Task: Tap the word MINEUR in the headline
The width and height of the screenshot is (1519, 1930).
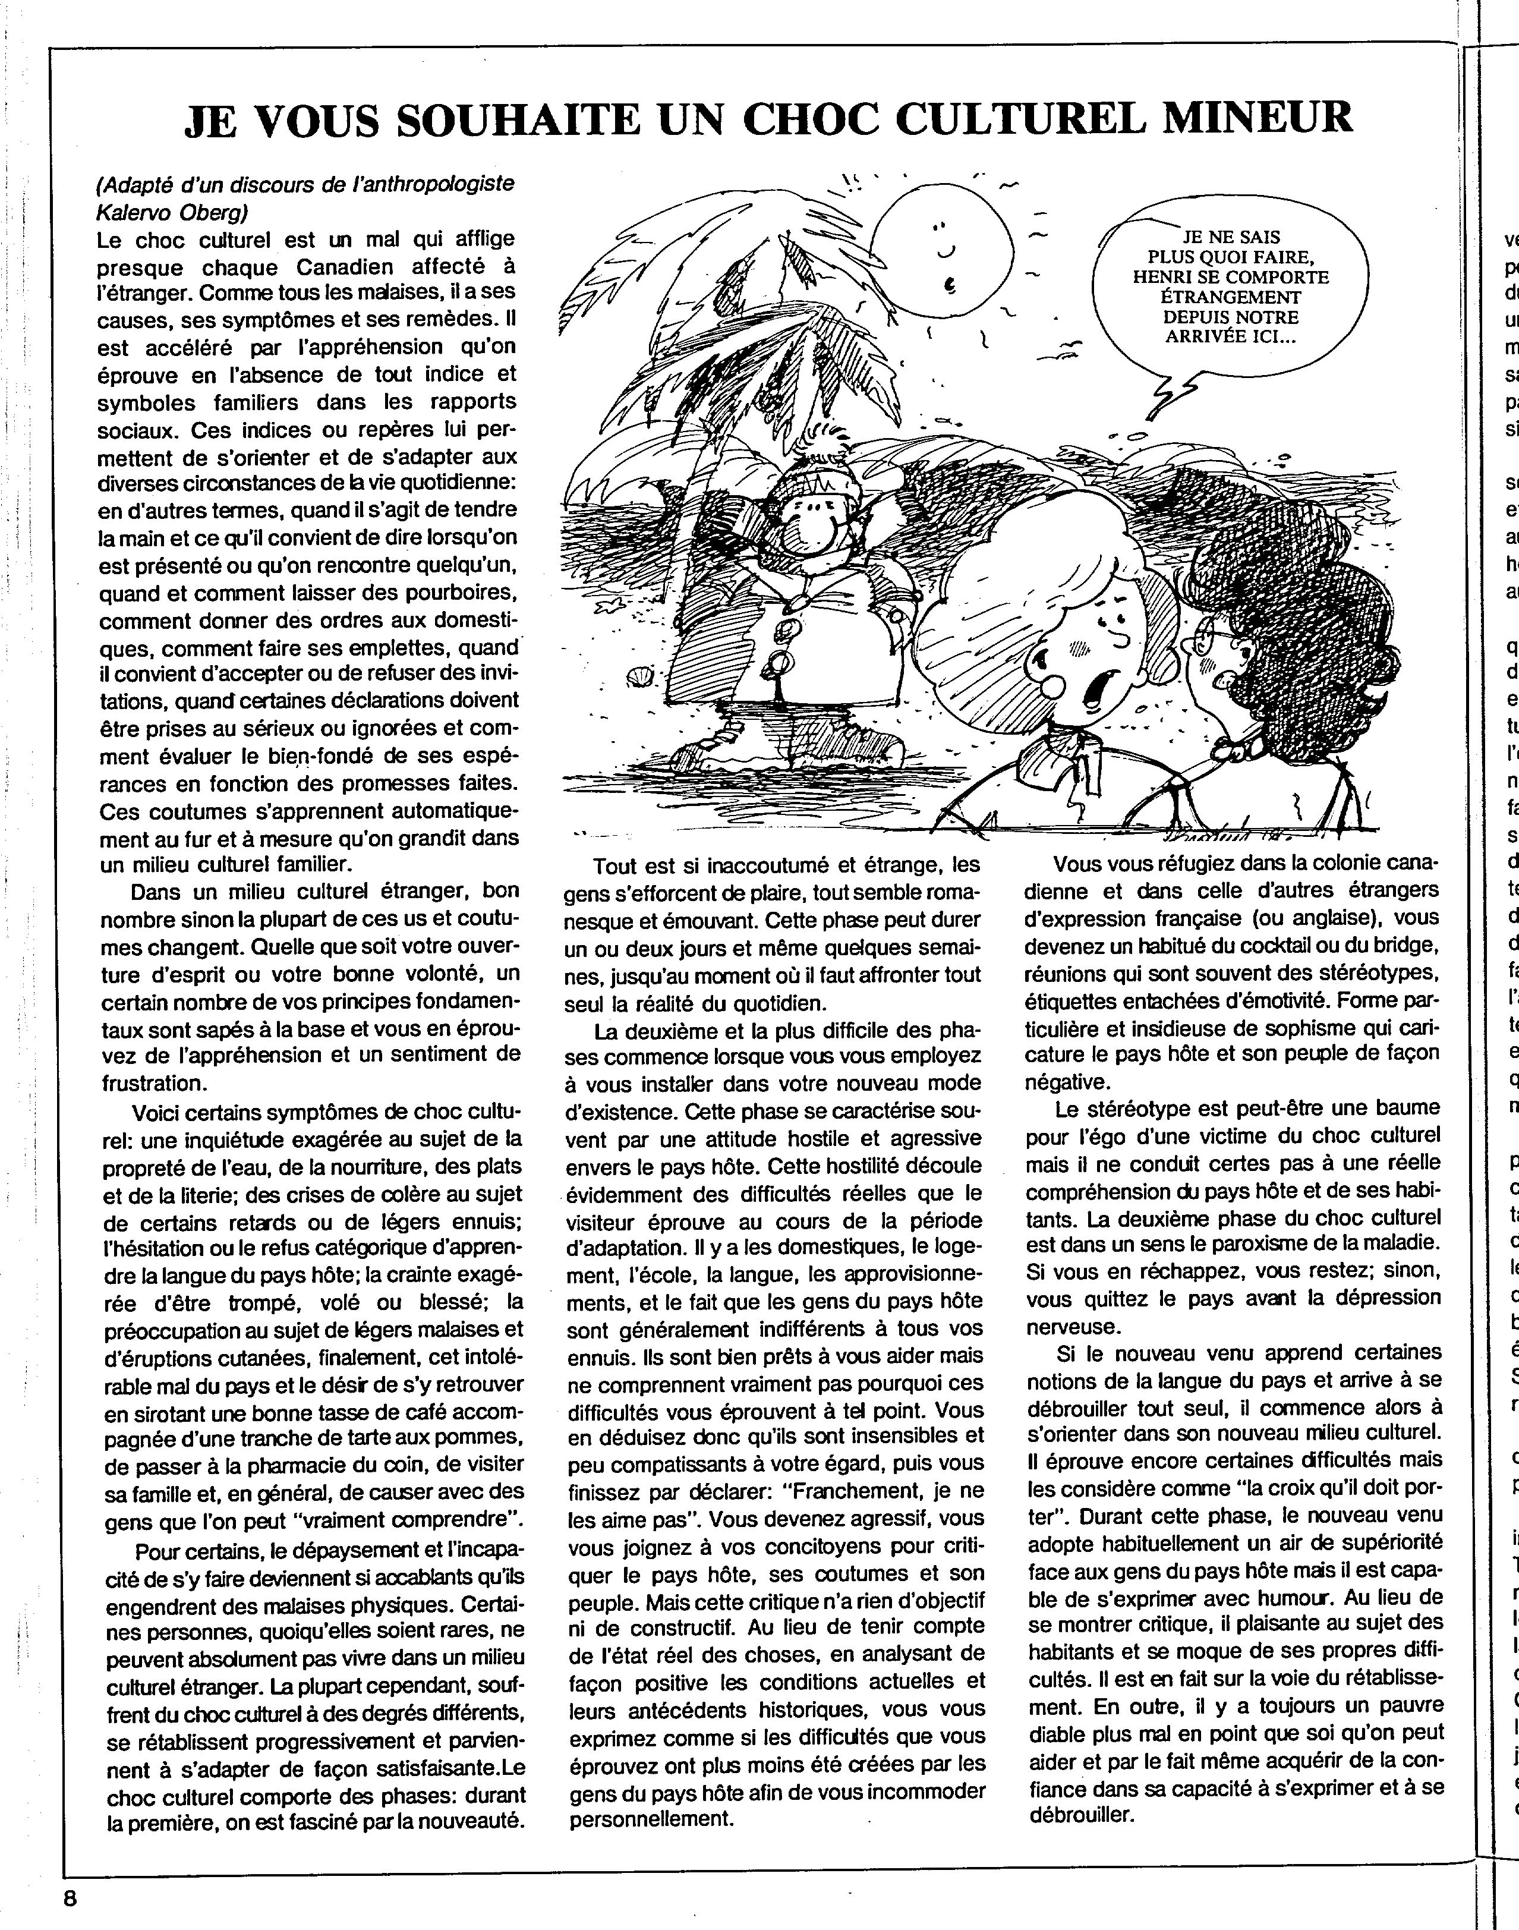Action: (1248, 118)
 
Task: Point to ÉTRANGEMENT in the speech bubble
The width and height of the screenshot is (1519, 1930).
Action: (1230, 297)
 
